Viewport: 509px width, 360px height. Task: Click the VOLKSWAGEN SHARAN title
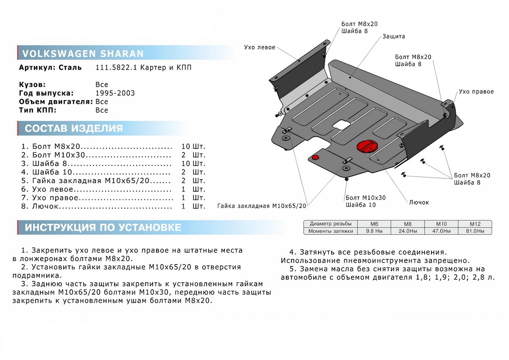[x=82, y=53]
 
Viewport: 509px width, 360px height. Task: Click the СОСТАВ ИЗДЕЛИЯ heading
[x=74, y=129]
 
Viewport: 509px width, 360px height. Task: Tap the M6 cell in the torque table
[x=374, y=224]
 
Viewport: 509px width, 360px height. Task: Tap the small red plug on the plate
[x=316, y=157]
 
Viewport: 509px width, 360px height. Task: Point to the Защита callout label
[x=394, y=37]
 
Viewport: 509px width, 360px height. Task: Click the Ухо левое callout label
[x=260, y=47]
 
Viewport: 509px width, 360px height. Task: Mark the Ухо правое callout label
[x=476, y=92]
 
